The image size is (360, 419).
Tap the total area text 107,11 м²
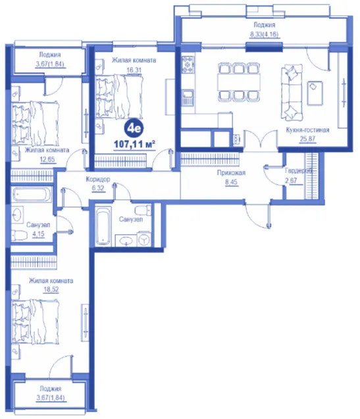134,144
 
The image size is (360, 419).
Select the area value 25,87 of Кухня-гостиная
307,139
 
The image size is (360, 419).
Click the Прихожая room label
231,173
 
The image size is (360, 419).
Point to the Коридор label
98,179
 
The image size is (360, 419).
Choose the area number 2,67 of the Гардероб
291,180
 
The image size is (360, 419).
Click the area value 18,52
51,289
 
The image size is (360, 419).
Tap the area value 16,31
134,70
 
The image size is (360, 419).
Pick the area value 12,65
47,160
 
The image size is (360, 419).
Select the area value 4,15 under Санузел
38,234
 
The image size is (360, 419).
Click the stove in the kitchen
188,64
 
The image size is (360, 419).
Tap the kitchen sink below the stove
188,97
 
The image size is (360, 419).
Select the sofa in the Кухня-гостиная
292,93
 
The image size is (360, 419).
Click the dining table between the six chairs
239,82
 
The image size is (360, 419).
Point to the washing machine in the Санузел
144,239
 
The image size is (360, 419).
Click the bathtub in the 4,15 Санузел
32,194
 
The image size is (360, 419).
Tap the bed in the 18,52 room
35,321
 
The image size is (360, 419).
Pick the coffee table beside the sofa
315,93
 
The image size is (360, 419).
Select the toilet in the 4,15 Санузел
20,235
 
